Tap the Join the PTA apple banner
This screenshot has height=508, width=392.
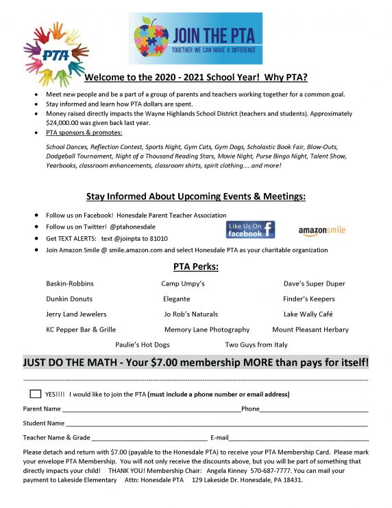[195, 38]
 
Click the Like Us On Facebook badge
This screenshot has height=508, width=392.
[250, 229]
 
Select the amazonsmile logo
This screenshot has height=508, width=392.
[321, 231]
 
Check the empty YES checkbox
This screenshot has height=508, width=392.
[36, 394]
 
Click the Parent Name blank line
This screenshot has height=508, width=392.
[151, 410]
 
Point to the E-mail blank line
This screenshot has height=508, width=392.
[299, 439]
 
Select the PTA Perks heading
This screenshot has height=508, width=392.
[196, 267]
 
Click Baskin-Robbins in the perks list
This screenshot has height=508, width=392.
[70, 284]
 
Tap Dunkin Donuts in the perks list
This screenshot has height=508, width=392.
[69, 299]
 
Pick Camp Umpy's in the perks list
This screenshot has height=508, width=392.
[183, 284]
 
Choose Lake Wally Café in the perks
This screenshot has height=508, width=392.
[308, 314]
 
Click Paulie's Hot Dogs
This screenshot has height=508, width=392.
[142, 345]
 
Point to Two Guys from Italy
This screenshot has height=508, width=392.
[256, 345]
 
